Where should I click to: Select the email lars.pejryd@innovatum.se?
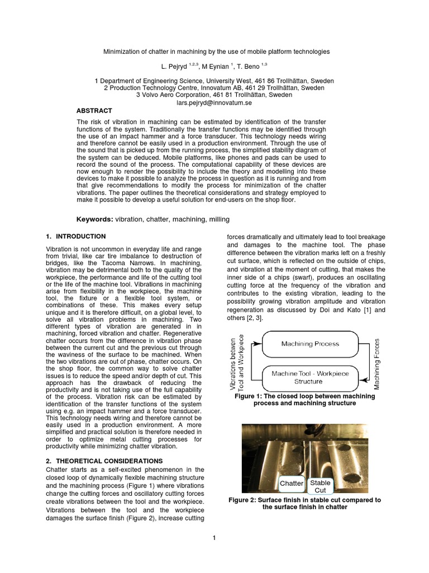(214, 103)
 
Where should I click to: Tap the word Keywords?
(94, 219)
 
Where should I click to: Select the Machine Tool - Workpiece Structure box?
(309, 377)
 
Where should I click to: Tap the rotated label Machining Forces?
(376, 364)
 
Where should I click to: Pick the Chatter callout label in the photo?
(291, 483)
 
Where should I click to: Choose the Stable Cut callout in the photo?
(320, 486)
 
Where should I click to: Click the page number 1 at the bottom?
(214, 538)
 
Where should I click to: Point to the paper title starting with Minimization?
(217, 51)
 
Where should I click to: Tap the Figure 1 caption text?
(305, 400)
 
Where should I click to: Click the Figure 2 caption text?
(305, 504)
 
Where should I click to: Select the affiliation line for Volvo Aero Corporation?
(214, 95)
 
